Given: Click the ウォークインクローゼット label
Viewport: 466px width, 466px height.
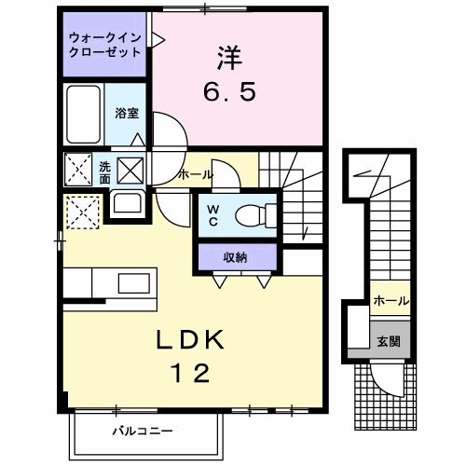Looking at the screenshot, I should [x=104, y=45].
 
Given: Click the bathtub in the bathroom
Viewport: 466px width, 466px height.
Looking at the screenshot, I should [x=84, y=115].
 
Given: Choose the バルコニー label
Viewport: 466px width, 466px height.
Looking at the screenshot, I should [x=144, y=432].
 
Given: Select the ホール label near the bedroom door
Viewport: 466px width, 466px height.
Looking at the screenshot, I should [x=195, y=174].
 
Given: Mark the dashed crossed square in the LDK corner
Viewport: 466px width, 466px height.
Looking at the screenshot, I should [x=82, y=212].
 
